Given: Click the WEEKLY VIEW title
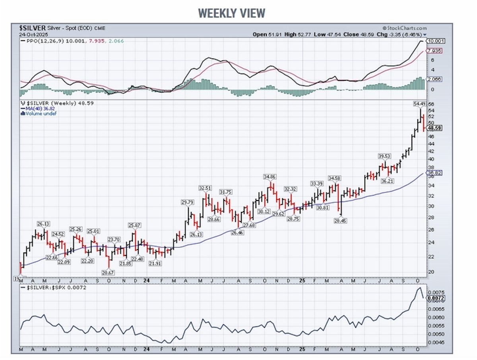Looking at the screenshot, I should point(232,13).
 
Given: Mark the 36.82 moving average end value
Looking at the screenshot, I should point(433,173).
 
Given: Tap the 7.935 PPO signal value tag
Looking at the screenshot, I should point(433,51).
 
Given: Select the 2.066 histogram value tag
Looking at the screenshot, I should point(433,79).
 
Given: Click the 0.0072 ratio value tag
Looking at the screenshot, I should point(434,298).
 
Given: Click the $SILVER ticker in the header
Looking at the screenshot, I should point(32,28).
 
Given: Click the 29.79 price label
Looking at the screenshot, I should point(188,203).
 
